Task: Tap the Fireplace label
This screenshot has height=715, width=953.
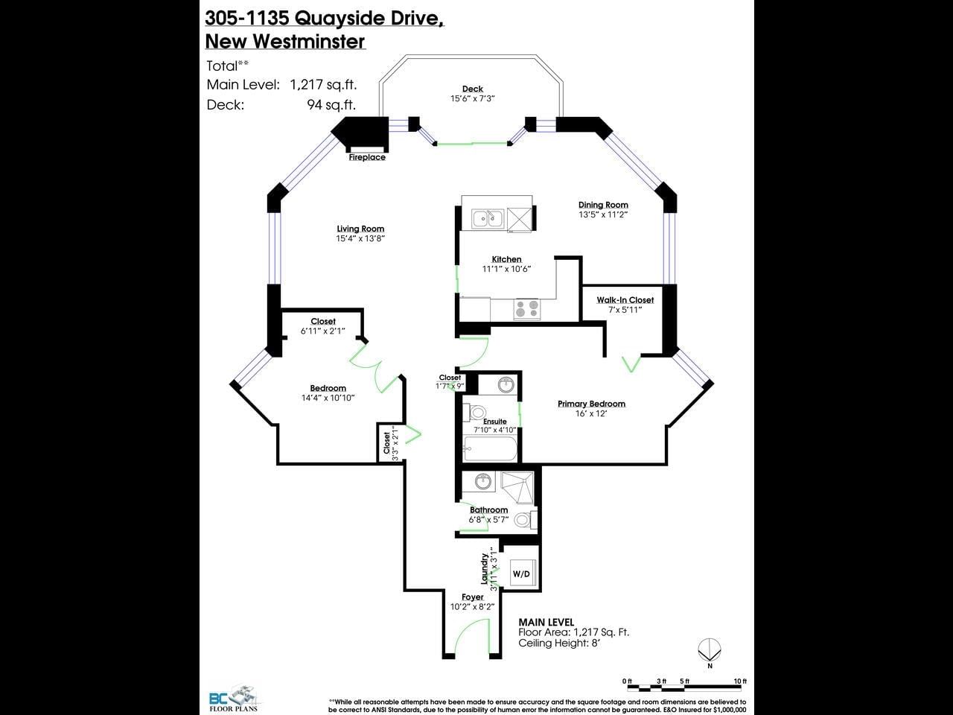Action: (x=367, y=157)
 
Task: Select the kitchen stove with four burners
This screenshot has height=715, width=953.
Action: (x=526, y=308)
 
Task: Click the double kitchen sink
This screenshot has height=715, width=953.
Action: (x=488, y=218)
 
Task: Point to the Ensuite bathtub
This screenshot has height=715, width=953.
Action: (x=491, y=448)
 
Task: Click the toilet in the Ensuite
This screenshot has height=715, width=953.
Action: (x=474, y=412)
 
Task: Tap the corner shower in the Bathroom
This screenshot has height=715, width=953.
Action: (x=517, y=488)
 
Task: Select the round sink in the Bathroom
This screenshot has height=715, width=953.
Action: (x=482, y=481)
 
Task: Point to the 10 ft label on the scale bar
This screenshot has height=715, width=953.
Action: (x=740, y=681)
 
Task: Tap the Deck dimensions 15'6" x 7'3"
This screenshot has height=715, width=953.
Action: (x=472, y=98)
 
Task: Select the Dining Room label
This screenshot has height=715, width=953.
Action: (x=603, y=205)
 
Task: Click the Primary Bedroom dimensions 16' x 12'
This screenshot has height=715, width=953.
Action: (x=591, y=413)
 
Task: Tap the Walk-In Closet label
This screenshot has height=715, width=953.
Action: (x=625, y=300)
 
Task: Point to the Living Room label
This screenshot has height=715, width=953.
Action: (x=360, y=229)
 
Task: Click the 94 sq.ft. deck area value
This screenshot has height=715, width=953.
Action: (x=331, y=104)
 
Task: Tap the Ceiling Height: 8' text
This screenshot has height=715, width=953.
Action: (x=559, y=643)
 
